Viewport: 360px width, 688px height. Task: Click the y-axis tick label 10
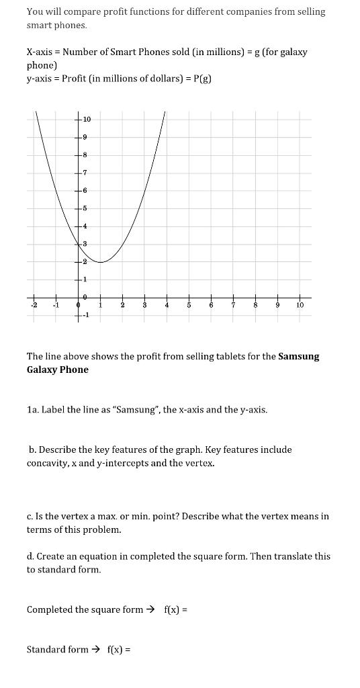tap(87, 120)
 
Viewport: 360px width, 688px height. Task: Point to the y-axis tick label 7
tap(85, 173)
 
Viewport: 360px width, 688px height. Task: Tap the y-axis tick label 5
tap(85, 208)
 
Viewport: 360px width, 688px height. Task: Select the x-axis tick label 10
tap(300, 305)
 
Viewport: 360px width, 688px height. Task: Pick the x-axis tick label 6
tap(211, 305)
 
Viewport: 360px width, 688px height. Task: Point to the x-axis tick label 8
tap(255, 305)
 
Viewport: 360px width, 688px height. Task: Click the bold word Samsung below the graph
tap(299, 356)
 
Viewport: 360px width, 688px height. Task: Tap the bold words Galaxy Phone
tap(58, 370)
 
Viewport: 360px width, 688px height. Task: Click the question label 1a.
tap(33, 409)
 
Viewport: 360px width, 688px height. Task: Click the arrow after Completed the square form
tap(150, 609)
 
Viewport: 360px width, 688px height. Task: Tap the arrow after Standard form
tap(95, 649)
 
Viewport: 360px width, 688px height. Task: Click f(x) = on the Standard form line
tap(119, 649)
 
